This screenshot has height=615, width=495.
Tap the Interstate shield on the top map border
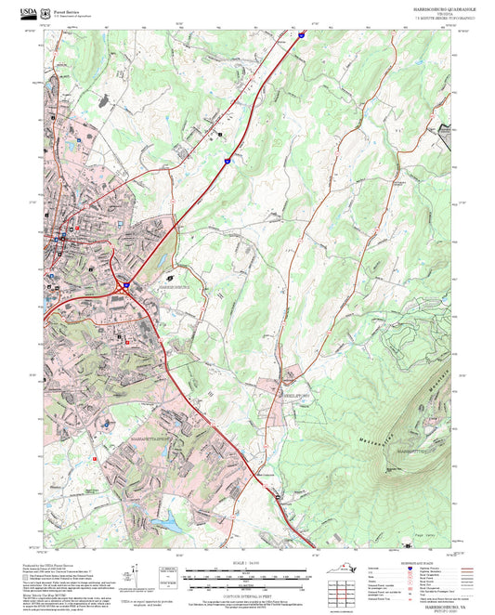pos(302,36)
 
